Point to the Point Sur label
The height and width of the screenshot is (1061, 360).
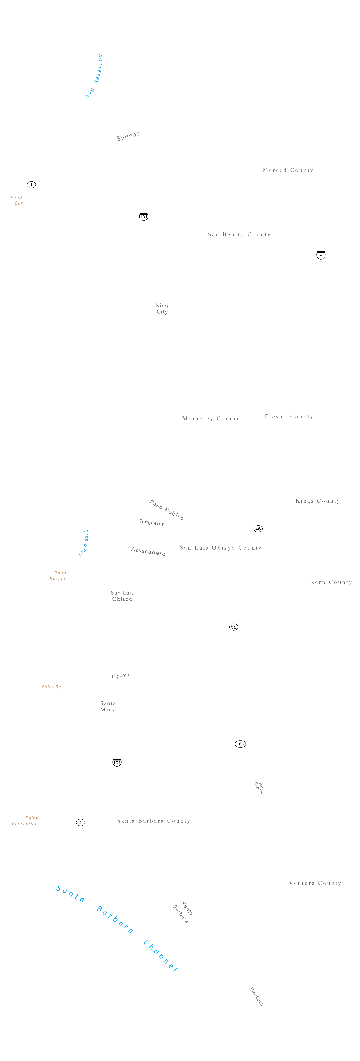pyautogui.click(x=17, y=200)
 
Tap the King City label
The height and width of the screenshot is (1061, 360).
pyautogui.click(x=162, y=308)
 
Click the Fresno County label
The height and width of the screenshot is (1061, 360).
pyautogui.click(x=289, y=416)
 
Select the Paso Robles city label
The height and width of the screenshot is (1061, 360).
pyautogui.click(x=166, y=510)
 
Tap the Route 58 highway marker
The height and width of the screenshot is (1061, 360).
pyautogui.click(x=234, y=627)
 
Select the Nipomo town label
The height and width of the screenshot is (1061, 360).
pyautogui.click(x=120, y=676)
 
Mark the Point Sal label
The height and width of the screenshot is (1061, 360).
pyautogui.click(x=52, y=687)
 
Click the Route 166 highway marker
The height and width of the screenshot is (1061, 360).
pyautogui.click(x=240, y=744)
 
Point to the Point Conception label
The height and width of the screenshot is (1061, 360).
pyautogui.click(x=25, y=821)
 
